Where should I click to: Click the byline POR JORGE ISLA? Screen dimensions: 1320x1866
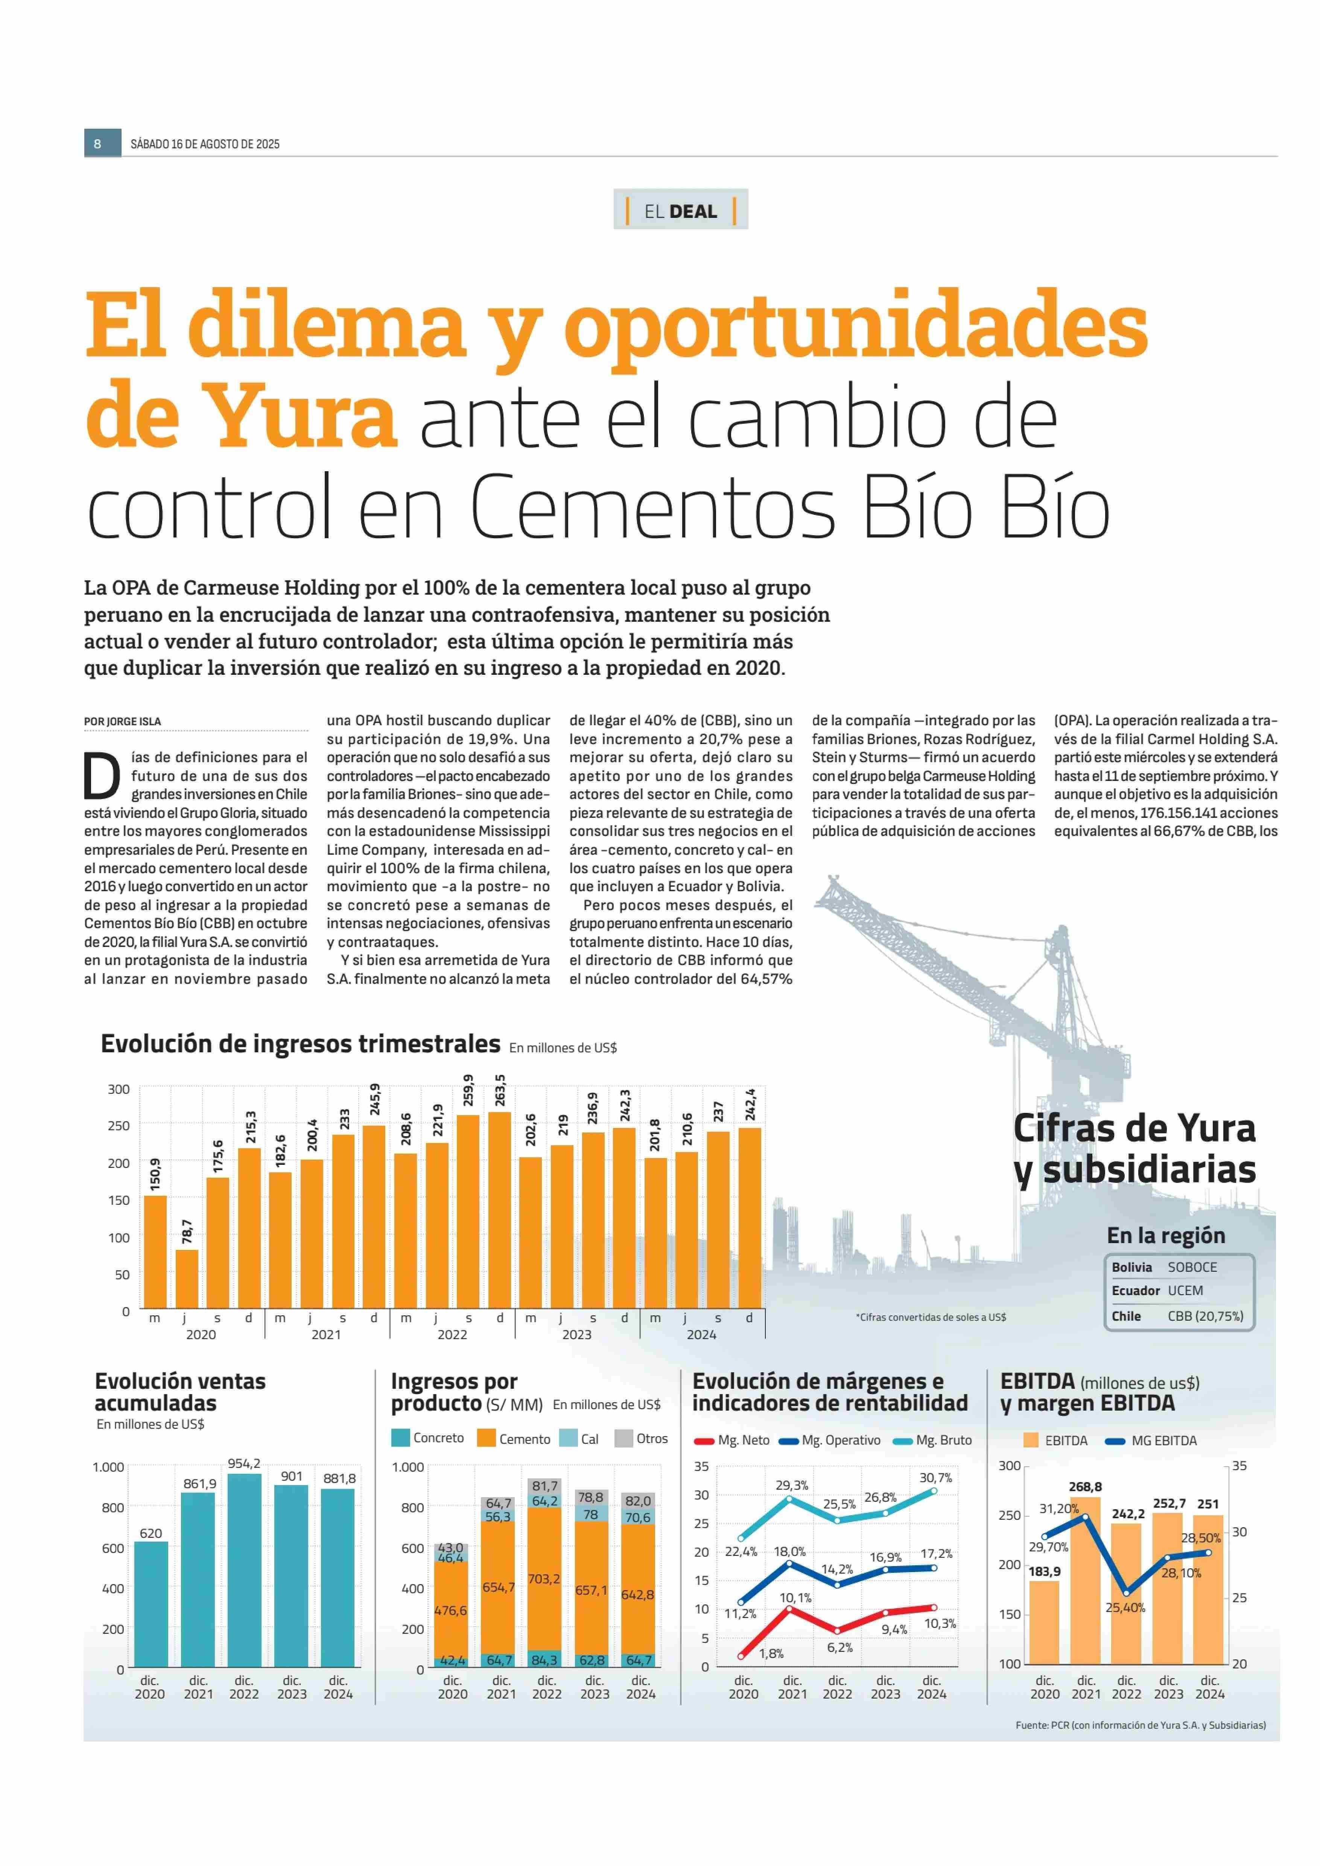(x=123, y=721)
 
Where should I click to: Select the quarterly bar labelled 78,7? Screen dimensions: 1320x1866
(x=187, y=1279)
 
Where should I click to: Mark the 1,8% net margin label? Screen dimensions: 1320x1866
(x=771, y=1653)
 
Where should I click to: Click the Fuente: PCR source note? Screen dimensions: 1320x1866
(x=1141, y=1724)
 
